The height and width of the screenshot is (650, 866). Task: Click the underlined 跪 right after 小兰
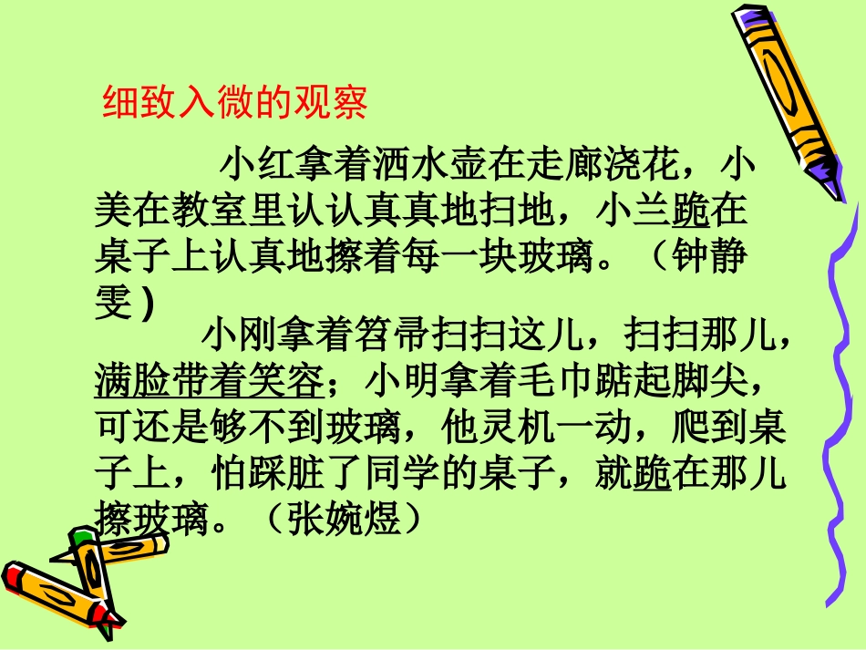coord(690,212)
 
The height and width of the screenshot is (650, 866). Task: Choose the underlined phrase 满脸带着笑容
coord(209,380)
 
